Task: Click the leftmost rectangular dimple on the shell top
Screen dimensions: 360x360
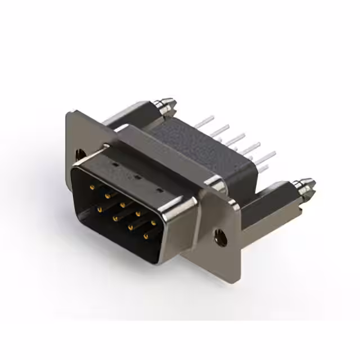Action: point(114,167)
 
